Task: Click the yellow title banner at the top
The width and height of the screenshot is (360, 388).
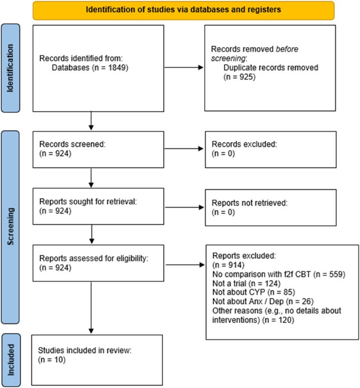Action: coord(184,10)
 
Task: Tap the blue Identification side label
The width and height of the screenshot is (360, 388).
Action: coord(11,68)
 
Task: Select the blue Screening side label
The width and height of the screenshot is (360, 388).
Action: coord(11,227)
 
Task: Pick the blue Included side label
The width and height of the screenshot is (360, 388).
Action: coord(11,360)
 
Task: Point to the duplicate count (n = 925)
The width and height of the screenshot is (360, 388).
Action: coord(240,77)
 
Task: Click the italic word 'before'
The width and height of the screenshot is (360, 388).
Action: coord(287,49)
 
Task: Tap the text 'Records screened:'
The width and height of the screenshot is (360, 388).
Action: coord(72,144)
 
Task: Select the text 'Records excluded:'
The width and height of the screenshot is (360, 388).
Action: coord(245,144)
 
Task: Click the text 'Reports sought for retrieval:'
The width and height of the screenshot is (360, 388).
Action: coord(88,201)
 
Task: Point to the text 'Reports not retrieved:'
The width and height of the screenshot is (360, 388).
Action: coord(250,203)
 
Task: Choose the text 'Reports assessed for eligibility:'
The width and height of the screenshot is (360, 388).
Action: coord(94,259)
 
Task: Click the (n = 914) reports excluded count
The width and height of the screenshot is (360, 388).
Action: coord(229,265)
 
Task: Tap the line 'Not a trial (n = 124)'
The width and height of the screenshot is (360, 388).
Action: coord(246,283)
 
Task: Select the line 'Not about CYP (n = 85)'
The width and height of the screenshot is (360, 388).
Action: coord(254,292)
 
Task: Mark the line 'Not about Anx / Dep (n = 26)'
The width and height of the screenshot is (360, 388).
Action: coord(263,302)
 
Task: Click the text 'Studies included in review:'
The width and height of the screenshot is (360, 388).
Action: coord(85,350)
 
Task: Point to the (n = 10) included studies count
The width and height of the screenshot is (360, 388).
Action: coord(52,359)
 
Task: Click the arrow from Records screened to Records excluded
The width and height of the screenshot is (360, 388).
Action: coord(184,149)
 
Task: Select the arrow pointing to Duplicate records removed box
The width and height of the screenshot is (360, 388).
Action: coord(184,67)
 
